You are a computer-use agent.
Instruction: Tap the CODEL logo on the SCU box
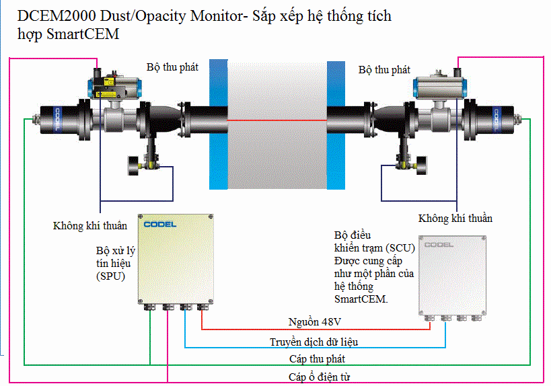pos(439,244)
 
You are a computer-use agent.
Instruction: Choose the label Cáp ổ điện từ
pos(319,377)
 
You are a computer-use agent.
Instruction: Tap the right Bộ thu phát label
pos(384,69)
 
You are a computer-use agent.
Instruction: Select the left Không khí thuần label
pos(90,225)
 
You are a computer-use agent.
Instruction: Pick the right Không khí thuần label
pos(455,219)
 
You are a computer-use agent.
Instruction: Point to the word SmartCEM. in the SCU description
pos(361,299)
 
